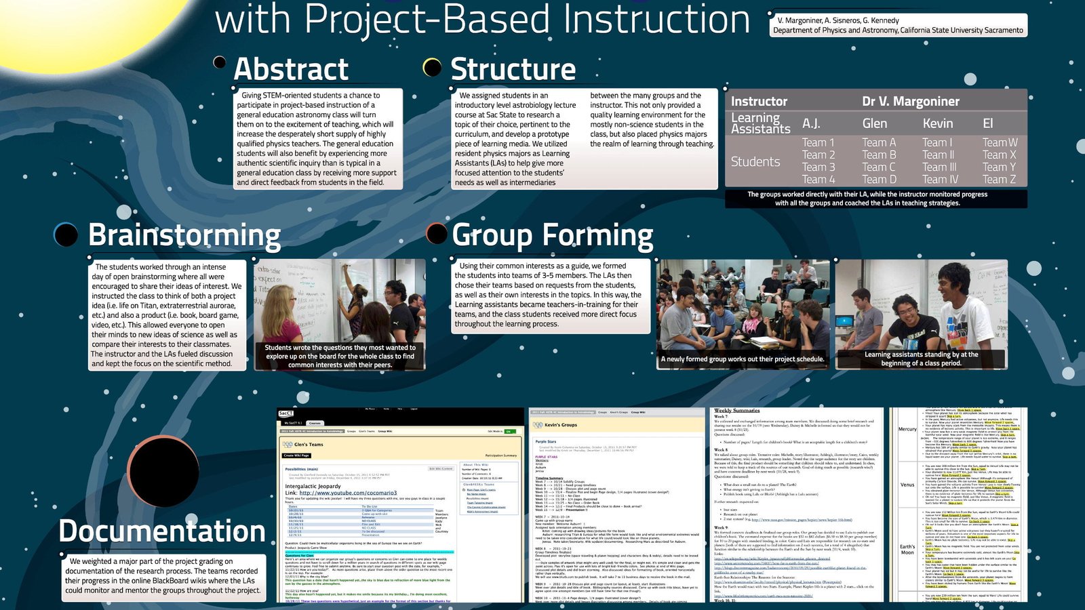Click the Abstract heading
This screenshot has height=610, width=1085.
point(290,70)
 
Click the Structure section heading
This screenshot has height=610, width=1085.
point(513,70)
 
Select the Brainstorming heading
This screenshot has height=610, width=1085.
point(184,235)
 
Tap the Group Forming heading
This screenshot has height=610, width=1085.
point(553,236)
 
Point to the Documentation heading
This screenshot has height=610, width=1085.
point(162,531)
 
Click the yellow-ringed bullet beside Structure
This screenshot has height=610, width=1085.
point(432,66)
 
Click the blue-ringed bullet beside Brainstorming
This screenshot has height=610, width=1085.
point(66,234)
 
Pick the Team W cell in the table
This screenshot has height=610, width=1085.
point(1000,142)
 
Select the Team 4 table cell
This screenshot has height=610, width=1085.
point(818,180)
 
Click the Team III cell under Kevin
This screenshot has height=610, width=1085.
point(939,167)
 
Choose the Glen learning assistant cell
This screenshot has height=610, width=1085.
point(874,123)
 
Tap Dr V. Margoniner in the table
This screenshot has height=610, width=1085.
point(910,102)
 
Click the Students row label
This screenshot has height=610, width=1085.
point(755,161)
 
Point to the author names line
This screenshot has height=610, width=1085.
point(838,20)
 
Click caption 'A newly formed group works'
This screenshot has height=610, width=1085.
point(743,359)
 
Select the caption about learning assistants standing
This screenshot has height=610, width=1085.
point(921,359)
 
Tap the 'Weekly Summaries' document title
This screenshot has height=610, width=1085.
point(736,411)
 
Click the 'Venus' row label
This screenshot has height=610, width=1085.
point(907,485)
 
